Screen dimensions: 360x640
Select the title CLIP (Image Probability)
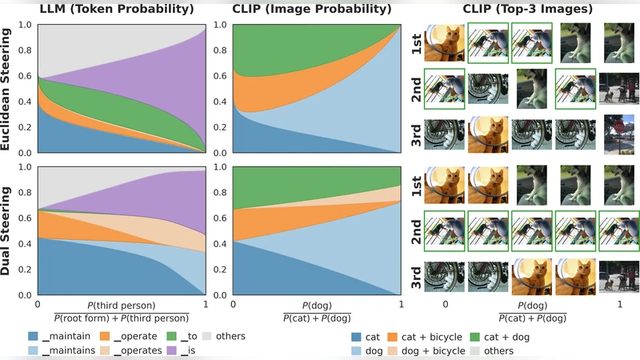[317, 10]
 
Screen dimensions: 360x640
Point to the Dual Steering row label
[10, 232]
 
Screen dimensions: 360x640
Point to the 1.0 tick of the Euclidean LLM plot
[26, 23]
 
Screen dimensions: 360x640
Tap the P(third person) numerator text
[121, 305]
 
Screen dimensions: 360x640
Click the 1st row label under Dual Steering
[417, 186]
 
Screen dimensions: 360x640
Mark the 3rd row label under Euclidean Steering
[417, 132]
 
